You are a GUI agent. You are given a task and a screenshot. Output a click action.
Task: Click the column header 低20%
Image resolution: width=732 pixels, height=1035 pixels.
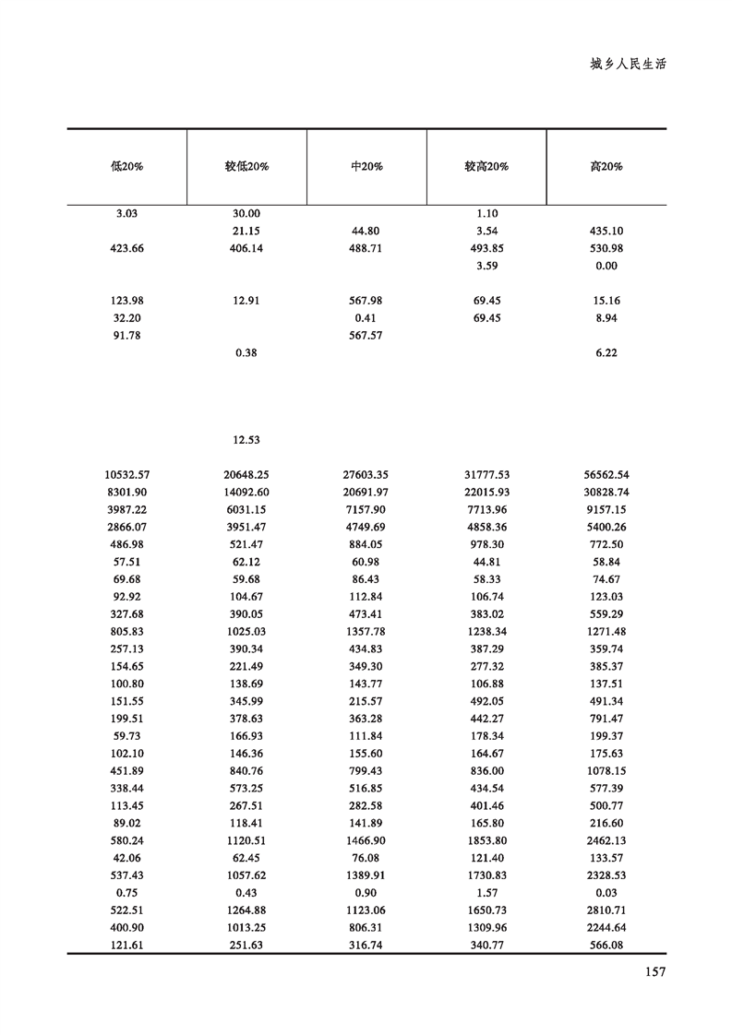127,167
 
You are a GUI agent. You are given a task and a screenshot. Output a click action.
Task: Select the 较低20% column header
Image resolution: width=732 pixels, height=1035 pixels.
246,167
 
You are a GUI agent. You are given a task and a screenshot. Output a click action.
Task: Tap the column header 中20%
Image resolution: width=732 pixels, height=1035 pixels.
366,167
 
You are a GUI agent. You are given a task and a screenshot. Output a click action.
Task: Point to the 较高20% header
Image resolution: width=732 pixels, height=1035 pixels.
486,167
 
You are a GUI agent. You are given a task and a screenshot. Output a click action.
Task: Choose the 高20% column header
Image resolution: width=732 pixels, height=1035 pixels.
606,167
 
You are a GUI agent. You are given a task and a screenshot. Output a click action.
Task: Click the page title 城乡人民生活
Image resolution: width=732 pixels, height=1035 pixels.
628,65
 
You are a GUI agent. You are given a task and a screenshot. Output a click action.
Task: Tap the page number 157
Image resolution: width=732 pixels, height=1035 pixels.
653,970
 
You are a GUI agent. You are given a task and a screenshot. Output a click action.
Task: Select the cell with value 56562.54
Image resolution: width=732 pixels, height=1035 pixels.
606,475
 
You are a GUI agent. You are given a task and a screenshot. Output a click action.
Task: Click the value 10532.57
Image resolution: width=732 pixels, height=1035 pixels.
127,475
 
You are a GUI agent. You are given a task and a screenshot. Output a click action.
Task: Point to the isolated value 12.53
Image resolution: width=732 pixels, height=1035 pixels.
246,440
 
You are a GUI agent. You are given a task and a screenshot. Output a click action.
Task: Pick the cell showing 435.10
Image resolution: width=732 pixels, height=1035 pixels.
606,231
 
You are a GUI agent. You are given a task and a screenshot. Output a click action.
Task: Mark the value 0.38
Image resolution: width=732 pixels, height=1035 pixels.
246,353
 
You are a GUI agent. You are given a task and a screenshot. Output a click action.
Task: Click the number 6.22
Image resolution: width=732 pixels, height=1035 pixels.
606,353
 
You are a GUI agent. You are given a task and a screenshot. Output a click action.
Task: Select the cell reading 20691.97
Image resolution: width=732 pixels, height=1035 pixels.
366,493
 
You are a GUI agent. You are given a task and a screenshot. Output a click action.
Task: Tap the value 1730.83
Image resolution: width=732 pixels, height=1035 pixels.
486,875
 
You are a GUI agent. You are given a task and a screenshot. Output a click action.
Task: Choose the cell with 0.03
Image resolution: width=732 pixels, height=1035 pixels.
606,893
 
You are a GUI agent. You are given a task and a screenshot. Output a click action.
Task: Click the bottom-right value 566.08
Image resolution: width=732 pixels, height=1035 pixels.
606,946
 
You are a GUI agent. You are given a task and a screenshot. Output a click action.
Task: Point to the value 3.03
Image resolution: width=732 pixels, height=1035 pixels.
127,213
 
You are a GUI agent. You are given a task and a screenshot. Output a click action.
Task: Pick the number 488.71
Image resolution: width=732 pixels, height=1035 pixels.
366,248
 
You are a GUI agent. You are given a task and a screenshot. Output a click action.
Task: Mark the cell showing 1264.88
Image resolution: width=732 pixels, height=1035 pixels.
246,910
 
